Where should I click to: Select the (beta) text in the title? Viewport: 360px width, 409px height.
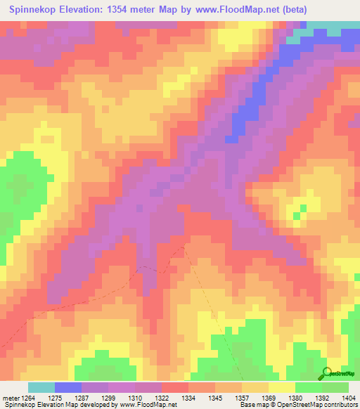tap(335, 10)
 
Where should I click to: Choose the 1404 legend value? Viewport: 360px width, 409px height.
tap(350, 398)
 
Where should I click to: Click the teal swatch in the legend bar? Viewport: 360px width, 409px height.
tap(41, 387)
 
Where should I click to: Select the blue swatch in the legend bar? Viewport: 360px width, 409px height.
tap(68, 387)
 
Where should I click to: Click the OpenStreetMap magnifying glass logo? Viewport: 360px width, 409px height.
tap(326, 375)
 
